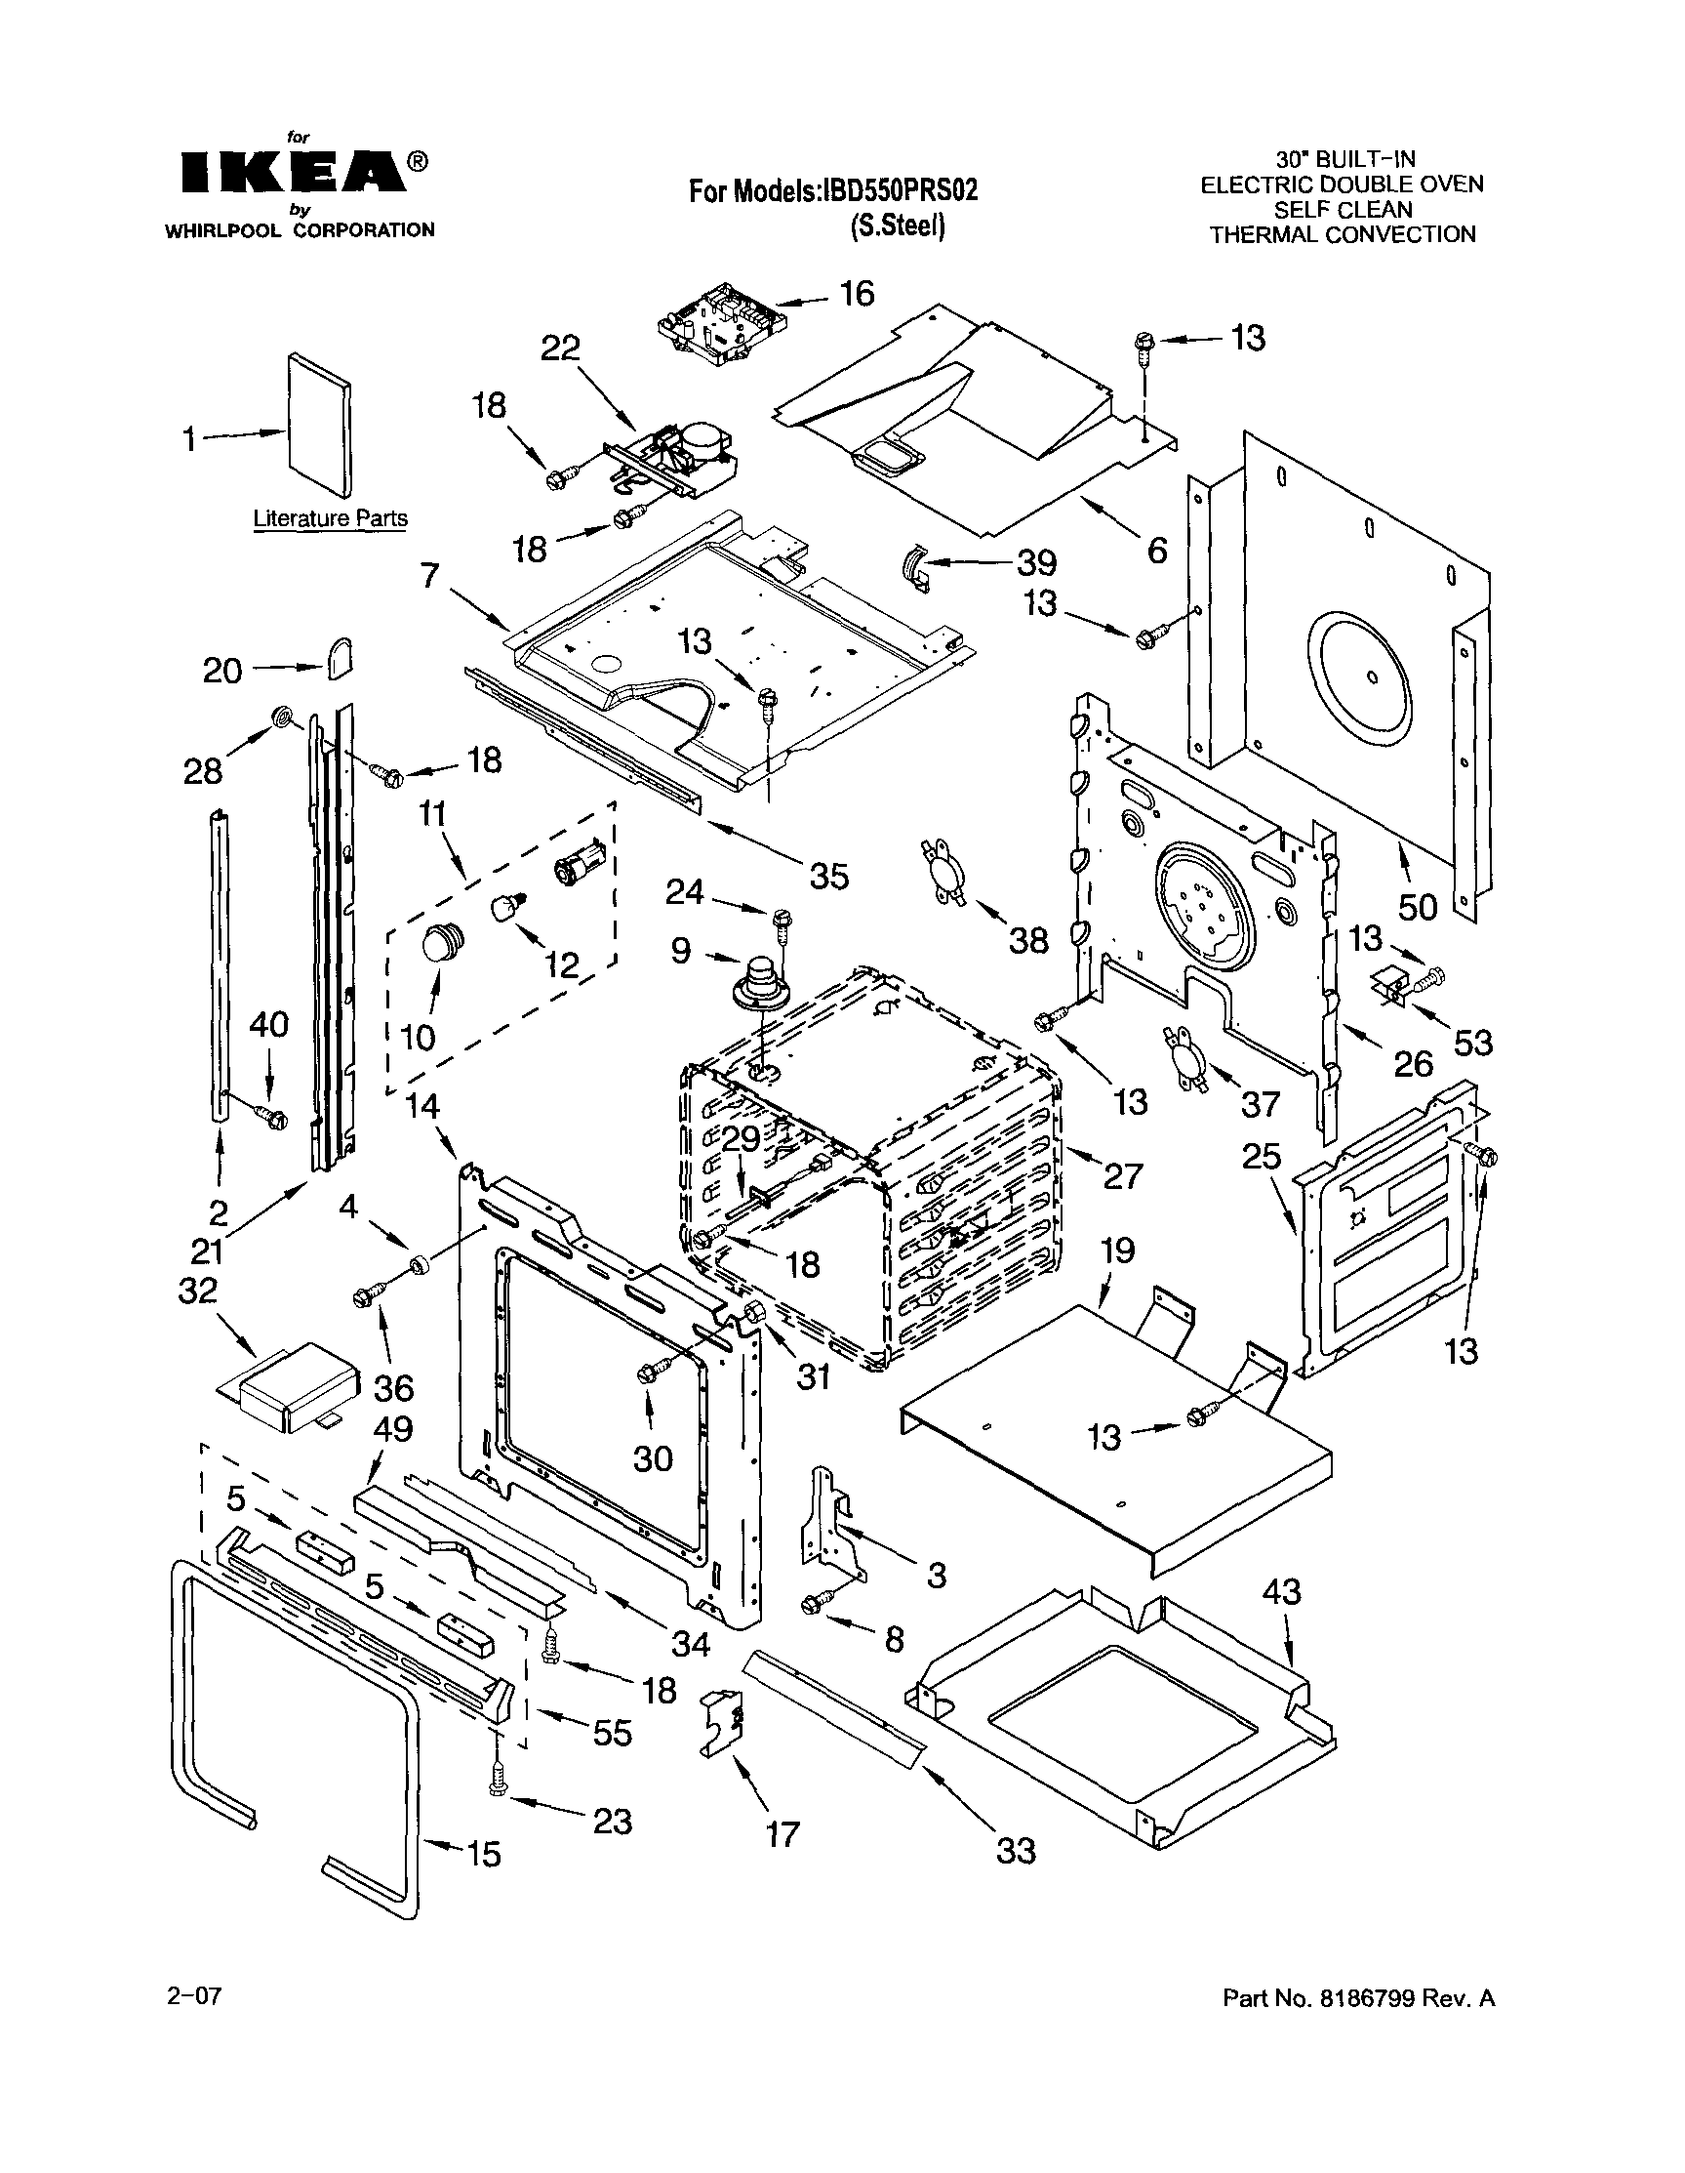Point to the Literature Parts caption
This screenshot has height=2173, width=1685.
(x=329, y=518)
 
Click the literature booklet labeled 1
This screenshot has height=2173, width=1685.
(x=318, y=423)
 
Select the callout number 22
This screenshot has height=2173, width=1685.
(x=560, y=348)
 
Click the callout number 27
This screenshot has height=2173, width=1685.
(x=1122, y=1176)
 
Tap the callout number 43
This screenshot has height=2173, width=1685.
(x=1281, y=1592)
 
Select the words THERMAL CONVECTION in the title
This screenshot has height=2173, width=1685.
(x=1342, y=235)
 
